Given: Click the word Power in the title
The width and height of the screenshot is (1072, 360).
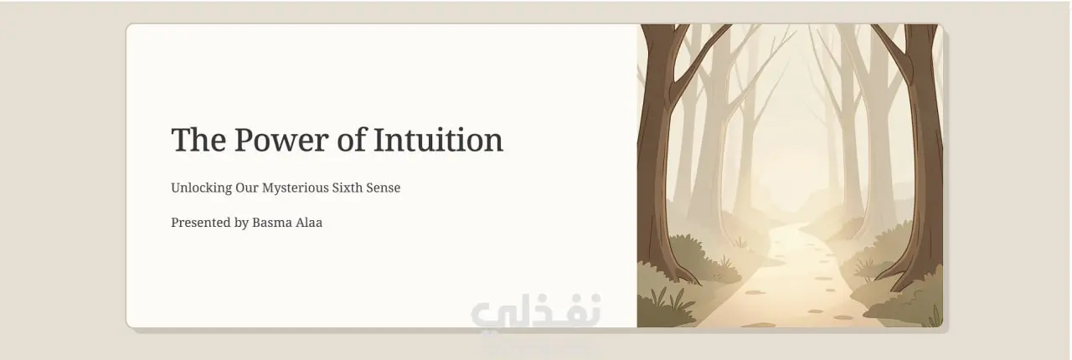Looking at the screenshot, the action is click(281, 140).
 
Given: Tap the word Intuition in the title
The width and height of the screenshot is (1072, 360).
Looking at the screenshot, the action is click(438, 140).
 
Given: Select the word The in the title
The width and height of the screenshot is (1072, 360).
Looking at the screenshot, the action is click(198, 140).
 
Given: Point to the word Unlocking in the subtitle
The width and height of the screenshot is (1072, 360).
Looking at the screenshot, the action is click(202, 188).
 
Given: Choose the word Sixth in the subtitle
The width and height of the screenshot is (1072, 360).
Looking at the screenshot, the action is click(348, 188).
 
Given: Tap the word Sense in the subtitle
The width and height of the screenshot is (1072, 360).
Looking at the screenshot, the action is click(384, 188).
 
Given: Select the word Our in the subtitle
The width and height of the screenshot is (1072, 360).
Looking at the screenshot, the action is click(247, 188).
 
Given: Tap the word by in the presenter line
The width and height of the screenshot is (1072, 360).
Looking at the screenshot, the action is click(242, 223).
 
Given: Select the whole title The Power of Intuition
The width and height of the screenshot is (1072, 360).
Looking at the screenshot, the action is click(338, 140).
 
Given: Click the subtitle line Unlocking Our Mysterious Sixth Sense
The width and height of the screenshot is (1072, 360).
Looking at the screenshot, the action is click(286, 188).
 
